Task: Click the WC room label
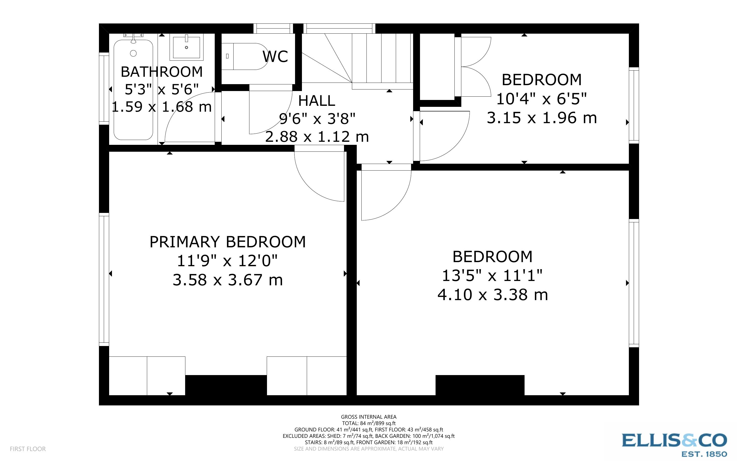[275, 56]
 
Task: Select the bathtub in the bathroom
[133, 90]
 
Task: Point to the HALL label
[317, 101]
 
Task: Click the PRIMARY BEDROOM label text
[227, 242]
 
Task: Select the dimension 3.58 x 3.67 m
[227, 280]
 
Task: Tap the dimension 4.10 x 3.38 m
[493, 295]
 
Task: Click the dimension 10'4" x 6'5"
[542, 99]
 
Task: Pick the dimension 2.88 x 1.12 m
[317, 137]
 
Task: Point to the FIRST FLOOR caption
[28, 449]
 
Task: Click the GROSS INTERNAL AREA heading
[368, 417]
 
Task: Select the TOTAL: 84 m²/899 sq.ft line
[368, 423]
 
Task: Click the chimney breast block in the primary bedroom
[226, 385]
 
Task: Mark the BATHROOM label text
[162, 72]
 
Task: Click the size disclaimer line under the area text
[368, 449]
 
